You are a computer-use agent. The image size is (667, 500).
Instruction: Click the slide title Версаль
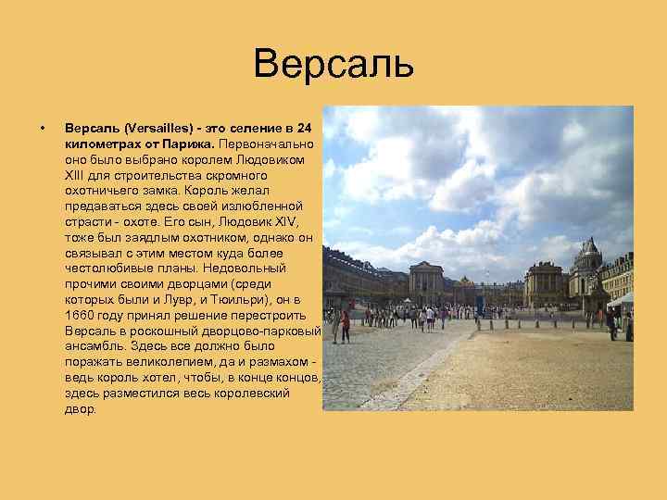tap(333, 65)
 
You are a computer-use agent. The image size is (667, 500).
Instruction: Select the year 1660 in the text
tap(80, 316)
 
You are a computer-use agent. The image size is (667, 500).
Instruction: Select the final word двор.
tap(80, 409)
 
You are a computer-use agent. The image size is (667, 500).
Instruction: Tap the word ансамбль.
tap(94, 347)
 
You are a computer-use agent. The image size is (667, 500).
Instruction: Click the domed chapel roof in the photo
tap(587, 252)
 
